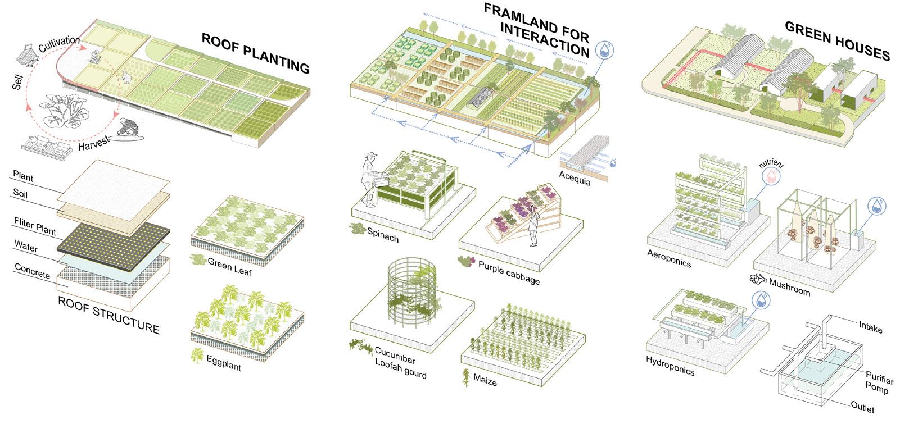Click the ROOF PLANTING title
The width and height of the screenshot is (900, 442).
click(x=255, y=54)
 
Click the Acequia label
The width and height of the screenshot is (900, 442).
click(x=575, y=179)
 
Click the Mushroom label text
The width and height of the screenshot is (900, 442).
click(x=789, y=286)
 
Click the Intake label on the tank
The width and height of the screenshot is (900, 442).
click(x=870, y=326)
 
